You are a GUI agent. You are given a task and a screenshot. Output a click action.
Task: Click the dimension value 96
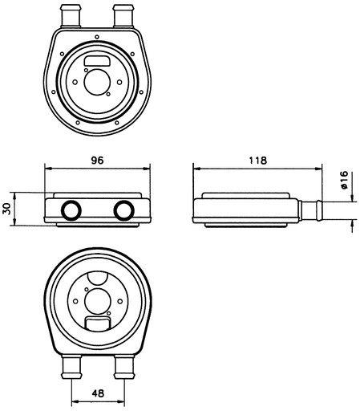pyautogui.click(x=97, y=160)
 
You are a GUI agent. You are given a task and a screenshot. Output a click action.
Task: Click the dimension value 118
pyautogui.click(x=258, y=160)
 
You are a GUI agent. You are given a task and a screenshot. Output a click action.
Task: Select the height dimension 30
pyautogui.click(x=6, y=209)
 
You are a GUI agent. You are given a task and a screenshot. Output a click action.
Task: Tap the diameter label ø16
pyautogui.click(x=345, y=180)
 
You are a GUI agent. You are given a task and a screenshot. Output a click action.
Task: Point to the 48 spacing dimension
pyautogui.click(x=98, y=393)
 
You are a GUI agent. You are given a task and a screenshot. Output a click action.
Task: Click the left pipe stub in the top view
pyautogui.click(x=71, y=16)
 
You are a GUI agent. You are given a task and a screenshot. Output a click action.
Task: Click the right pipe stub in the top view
pyautogui.click(x=123, y=16)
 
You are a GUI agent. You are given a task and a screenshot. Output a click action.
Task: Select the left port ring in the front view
pyautogui.click(x=71, y=210)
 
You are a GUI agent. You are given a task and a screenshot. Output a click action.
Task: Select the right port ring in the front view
pyautogui.click(x=123, y=210)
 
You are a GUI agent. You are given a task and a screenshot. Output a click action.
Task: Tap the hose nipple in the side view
pyautogui.click(x=310, y=210)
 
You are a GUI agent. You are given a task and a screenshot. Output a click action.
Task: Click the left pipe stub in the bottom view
pyautogui.click(x=71, y=367)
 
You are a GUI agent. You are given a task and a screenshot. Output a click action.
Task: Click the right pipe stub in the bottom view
pyautogui.click(x=124, y=367)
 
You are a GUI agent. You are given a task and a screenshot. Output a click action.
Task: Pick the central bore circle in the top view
pyautogui.click(x=97, y=82)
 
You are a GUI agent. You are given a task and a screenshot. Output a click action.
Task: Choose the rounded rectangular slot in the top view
pyautogui.click(x=97, y=61)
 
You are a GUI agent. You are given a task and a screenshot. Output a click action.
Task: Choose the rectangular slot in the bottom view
pyautogui.click(x=98, y=324)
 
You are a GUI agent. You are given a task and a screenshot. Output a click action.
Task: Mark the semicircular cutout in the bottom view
pyautogui.click(x=98, y=279)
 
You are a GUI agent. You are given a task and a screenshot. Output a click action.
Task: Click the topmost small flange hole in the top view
pyautogui.click(x=97, y=37)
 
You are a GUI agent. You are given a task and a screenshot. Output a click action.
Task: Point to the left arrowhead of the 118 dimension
pyautogui.click(x=196, y=169)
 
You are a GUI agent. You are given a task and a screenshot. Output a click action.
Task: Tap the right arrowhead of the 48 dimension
pyautogui.click(x=121, y=401)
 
